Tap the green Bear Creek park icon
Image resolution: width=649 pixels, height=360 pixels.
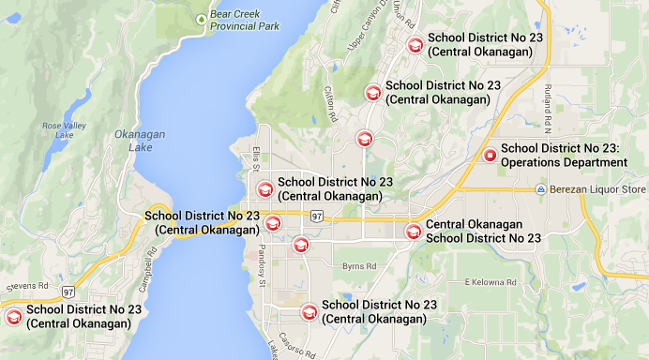coord(200,18)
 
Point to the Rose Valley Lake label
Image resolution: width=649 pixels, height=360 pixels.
coord(57,130)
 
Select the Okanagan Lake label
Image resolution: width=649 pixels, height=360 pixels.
coord(139,141)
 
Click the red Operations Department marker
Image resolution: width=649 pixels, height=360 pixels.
coord(489,156)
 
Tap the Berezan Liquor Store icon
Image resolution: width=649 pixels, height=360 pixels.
coord(541,190)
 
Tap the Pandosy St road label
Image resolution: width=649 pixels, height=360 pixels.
coord(262,269)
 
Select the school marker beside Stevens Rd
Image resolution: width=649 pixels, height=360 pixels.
coord(13,317)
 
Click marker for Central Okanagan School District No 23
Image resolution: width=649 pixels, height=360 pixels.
coord(412,232)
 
